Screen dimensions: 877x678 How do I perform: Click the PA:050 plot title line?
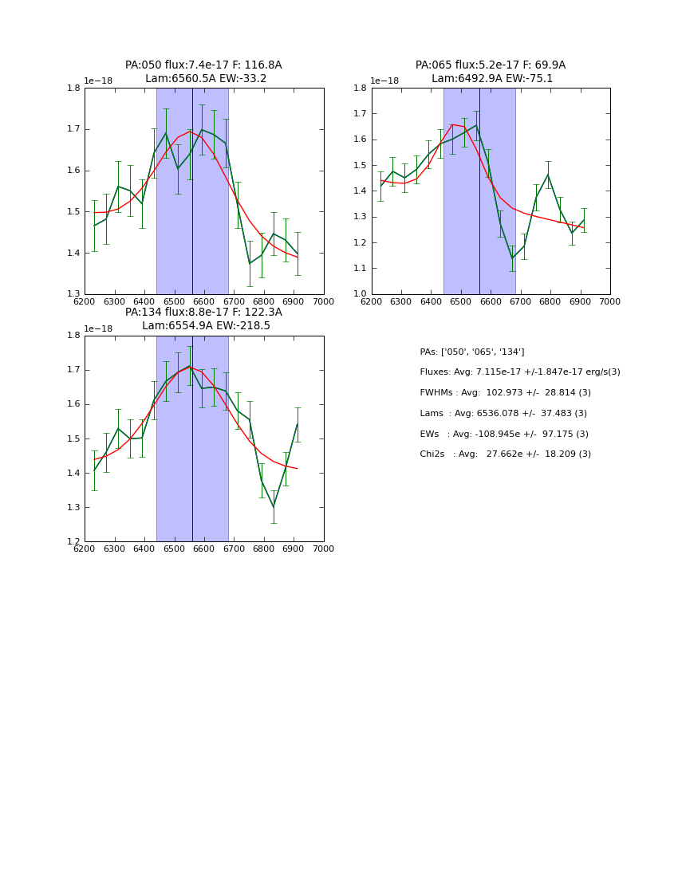203,65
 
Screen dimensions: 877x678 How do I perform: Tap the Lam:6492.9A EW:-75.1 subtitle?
491,79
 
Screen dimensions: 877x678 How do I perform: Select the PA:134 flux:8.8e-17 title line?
203,313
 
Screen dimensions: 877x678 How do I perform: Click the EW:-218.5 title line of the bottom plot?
206,326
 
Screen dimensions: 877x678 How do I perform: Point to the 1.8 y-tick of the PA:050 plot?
73,88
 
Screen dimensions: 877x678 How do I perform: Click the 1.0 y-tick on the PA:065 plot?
361,294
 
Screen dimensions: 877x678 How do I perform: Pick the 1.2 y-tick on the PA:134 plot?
73,542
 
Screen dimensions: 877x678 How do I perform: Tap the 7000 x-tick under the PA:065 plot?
610,301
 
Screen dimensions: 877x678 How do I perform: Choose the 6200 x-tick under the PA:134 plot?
85,549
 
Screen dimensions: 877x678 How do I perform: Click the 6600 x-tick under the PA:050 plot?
204,301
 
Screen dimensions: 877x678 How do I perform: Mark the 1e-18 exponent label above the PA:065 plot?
384,81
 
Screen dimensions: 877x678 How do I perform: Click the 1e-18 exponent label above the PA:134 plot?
97,328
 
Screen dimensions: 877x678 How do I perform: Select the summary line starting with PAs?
472,352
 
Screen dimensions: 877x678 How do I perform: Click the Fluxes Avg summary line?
519,372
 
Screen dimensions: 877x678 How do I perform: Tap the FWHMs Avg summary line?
505,393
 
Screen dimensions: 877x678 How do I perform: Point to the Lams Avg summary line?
503,414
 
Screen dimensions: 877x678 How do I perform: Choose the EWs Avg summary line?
504,435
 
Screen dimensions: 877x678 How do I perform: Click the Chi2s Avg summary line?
505,454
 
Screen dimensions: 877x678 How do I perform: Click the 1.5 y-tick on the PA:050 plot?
73,212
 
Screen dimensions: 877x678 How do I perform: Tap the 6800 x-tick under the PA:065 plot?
550,301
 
